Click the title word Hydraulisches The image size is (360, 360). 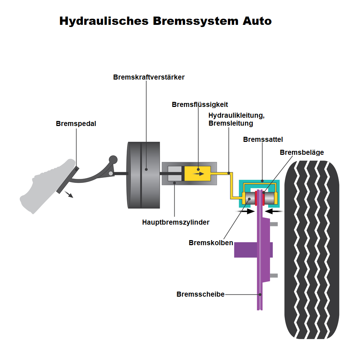click(104, 21)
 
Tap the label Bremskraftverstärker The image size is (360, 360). click(149, 77)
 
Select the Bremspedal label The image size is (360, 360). click(76, 123)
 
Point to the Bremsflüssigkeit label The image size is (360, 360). click(200, 105)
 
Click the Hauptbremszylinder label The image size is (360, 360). click(176, 222)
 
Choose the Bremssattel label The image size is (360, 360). click(262, 139)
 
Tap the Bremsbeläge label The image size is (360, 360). click(302, 153)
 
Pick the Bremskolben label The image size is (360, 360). click(211, 243)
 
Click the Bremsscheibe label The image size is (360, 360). click(200, 294)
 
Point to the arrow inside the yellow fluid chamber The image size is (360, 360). click(198, 174)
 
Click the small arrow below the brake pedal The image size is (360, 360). click(69, 194)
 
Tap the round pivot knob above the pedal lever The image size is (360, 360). click(113, 159)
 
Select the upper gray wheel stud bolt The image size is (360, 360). click(274, 224)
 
